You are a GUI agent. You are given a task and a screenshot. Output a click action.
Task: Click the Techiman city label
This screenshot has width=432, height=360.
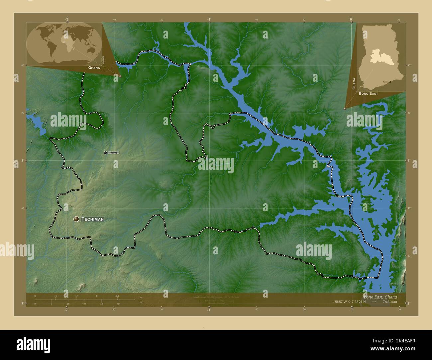tap(93, 219)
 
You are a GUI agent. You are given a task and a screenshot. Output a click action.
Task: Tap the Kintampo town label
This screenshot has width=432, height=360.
tap(113, 153)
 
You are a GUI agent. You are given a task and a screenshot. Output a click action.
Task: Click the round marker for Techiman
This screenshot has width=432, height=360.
tap(76, 219)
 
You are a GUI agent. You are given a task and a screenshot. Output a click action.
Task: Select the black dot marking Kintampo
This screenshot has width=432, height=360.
tap(105, 153)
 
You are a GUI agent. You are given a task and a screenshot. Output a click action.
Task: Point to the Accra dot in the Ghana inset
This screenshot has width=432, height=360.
tap(390, 81)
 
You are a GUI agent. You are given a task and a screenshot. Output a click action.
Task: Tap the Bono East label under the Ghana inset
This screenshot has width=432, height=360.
tap(368, 94)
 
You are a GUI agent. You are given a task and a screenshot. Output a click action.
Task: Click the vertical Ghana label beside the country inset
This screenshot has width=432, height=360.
tap(354, 84)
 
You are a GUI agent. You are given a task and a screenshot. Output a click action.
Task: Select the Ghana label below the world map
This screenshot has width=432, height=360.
tap(94, 67)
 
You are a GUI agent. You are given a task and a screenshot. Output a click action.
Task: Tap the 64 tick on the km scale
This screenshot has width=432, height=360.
tap(118, 296)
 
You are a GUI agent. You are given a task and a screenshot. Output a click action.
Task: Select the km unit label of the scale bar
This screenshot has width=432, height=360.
tap(141, 297)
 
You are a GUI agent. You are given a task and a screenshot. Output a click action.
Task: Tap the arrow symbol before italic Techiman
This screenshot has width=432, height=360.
tap(374, 302)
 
